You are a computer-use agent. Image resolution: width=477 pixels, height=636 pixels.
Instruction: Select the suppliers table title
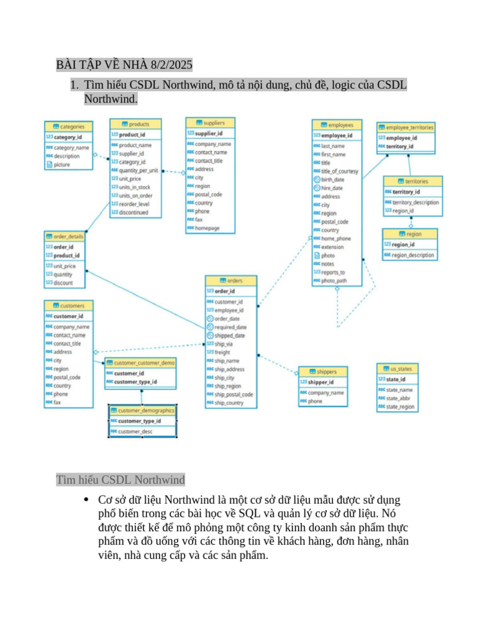[210, 122]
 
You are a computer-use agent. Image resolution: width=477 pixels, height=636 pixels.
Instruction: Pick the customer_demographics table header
[142, 411]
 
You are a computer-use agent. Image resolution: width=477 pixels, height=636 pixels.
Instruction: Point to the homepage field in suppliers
[207, 228]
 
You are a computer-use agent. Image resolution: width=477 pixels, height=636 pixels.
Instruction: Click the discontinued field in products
[134, 212]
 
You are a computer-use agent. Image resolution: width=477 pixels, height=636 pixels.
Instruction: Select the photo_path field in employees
[334, 281]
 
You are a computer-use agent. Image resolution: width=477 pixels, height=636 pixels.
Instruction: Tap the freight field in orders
[222, 352]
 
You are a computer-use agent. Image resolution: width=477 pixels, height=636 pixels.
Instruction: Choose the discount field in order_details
[63, 283]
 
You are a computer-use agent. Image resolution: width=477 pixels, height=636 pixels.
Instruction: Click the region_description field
[412, 255]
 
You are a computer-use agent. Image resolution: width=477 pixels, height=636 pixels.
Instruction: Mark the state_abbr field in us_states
[398, 398]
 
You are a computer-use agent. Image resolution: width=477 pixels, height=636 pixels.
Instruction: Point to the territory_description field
[415, 202]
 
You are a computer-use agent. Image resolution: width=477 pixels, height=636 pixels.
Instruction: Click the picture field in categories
[62, 165]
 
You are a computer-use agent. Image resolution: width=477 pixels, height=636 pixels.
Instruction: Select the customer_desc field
[135, 431]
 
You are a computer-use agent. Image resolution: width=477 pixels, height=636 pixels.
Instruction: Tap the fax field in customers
[57, 402]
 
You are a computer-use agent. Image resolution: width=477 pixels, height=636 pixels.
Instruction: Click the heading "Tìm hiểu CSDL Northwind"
[120, 479]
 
